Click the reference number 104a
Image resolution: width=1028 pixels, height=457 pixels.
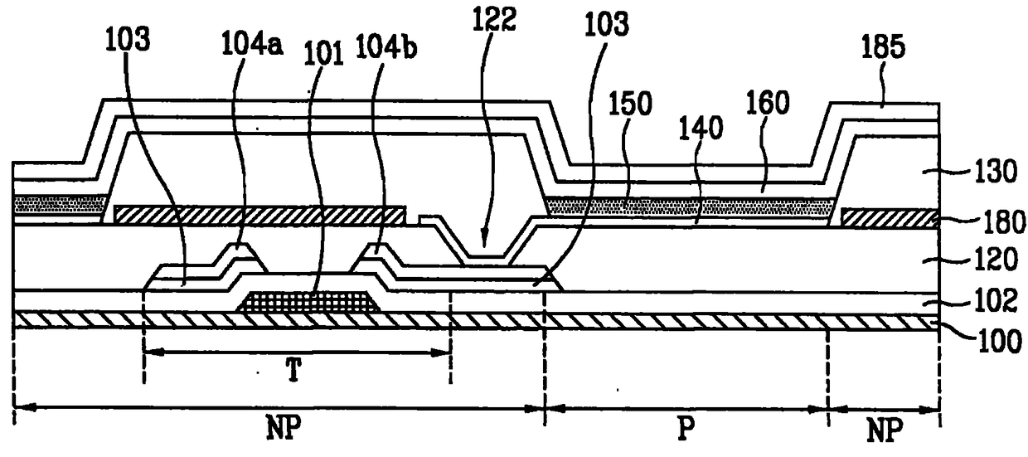click(x=252, y=45)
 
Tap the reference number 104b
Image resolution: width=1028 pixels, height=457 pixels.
click(x=386, y=46)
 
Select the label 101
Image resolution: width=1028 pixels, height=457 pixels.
click(x=324, y=53)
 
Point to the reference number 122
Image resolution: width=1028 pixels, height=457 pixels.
click(x=494, y=19)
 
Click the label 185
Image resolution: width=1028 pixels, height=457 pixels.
click(x=883, y=46)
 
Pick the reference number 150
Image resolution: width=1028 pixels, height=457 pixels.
click(x=630, y=104)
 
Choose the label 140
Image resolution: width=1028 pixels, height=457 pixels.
click(x=701, y=128)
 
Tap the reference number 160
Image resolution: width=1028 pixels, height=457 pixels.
click(x=768, y=102)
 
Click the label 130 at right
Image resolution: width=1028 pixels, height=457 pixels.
click(x=992, y=173)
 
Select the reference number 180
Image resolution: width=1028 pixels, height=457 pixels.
click(x=1003, y=222)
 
